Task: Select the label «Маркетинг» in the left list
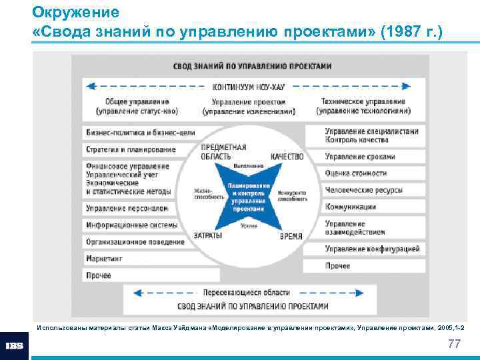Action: point(104,258)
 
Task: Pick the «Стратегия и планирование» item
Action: point(131,149)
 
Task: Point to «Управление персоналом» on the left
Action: point(126,208)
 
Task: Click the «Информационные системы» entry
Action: point(131,225)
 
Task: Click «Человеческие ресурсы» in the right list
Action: point(363,190)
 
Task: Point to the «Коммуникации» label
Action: point(351,207)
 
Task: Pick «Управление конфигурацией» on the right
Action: point(372,249)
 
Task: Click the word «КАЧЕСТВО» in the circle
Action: point(287,157)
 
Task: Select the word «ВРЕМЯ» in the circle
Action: point(291,236)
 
